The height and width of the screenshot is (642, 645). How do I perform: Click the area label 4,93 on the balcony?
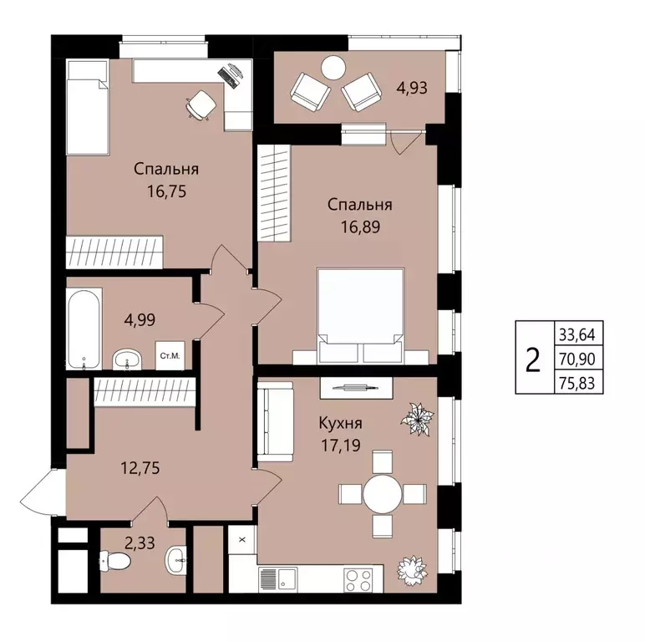[x=412, y=88]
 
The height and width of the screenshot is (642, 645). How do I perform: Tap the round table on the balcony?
[x=333, y=68]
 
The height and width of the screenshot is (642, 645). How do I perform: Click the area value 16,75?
[x=166, y=191]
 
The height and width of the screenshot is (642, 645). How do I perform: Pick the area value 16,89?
[x=360, y=227]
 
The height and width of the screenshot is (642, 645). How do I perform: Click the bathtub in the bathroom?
[x=84, y=329]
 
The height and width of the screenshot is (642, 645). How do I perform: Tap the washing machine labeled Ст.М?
[x=170, y=355]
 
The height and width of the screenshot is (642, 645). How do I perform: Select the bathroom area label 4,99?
[x=140, y=319]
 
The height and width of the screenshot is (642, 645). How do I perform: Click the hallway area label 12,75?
[x=140, y=468]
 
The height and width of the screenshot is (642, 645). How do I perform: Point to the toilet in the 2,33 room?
[x=115, y=560]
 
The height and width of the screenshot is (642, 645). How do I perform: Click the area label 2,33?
[x=140, y=543]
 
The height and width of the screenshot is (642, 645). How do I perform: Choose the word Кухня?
[x=341, y=423]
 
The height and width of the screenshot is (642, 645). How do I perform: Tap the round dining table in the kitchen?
[x=382, y=494]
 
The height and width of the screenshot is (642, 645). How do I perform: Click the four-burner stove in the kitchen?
[x=358, y=580]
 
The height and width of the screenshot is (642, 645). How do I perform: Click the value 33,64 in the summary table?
[x=577, y=335]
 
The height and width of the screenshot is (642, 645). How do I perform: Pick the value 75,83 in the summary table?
[x=577, y=384]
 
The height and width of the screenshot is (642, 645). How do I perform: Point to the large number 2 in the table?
[x=533, y=359]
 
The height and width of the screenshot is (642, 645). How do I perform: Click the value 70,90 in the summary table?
[x=577, y=359]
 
